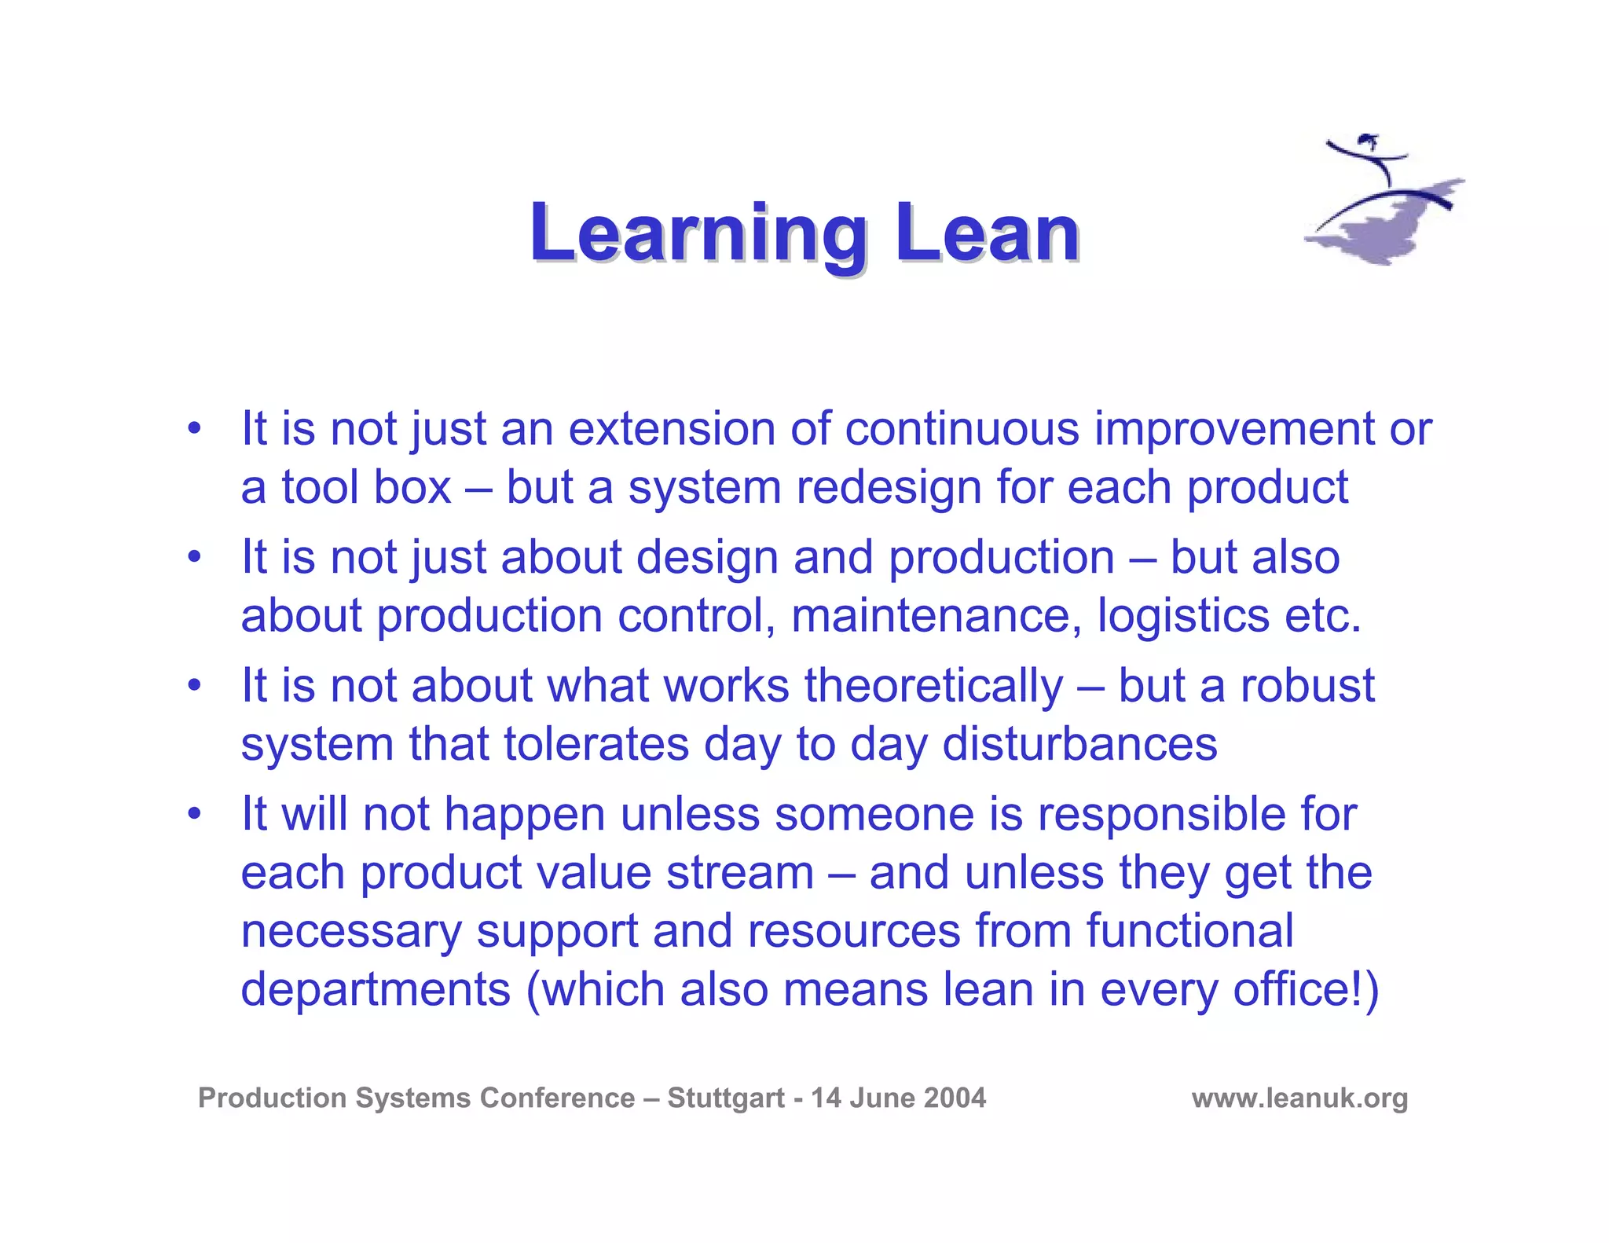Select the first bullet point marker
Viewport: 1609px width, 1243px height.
[x=194, y=429]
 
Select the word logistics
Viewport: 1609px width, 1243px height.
[x=1183, y=615]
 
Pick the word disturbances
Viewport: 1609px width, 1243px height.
[x=1079, y=743]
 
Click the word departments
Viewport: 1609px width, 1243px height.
[x=376, y=989]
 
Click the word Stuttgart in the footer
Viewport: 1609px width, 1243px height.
[x=726, y=1098]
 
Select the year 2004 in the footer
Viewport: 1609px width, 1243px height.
[x=954, y=1098]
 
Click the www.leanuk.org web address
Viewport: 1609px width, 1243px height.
[x=1299, y=1098]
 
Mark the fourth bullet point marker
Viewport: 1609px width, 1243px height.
[x=194, y=814]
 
